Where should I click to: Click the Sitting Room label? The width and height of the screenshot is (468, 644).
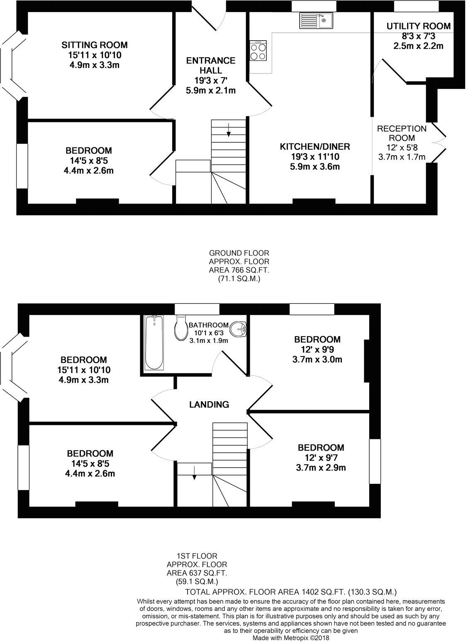point(95,45)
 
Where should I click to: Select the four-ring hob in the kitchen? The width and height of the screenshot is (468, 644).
point(258,52)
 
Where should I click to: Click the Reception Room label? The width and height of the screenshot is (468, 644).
point(401,133)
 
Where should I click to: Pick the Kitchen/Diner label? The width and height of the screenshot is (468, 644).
point(315,146)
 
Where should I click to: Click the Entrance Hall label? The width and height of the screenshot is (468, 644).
point(210,66)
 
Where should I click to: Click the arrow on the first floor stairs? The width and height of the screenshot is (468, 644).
point(194,473)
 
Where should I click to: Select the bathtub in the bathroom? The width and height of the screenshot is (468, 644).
point(154,343)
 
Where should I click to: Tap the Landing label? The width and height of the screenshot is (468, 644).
point(209,405)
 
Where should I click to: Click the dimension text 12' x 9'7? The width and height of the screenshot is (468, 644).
point(321,458)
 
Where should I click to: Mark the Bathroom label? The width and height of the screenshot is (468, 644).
point(208,325)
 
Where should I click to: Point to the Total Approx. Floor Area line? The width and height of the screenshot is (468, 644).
point(291,592)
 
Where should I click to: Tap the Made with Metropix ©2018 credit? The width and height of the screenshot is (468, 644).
point(291,638)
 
